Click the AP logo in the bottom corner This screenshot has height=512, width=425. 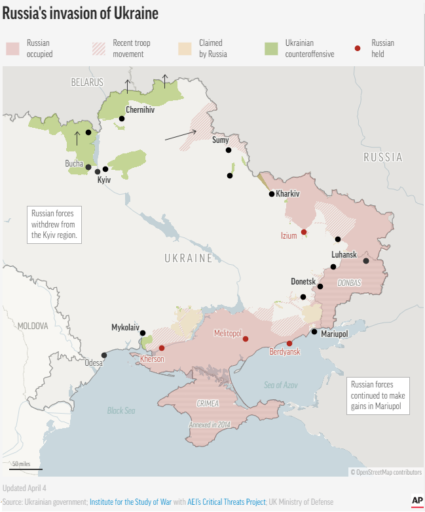click(x=417, y=500)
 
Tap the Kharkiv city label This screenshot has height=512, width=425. click(x=287, y=194)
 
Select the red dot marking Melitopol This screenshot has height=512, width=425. click(x=246, y=339)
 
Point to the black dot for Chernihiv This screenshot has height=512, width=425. click(x=122, y=119)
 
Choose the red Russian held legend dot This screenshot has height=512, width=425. click(x=358, y=49)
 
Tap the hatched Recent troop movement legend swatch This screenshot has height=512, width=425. click(x=98, y=49)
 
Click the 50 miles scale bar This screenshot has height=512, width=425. click(x=26, y=468)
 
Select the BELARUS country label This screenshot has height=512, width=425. click(x=87, y=83)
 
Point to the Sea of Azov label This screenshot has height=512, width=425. click(x=281, y=385)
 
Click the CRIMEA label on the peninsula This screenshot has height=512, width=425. click(x=208, y=403)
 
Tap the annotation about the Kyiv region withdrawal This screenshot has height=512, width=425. click(x=54, y=224)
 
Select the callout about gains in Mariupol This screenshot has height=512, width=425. click(x=378, y=396)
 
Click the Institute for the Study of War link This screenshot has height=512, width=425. click(x=130, y=502)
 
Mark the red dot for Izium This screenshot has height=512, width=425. click(x=304, y=231)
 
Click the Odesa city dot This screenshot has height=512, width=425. click(x=104, y=355)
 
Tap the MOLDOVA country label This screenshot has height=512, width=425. click(x=33, y=326)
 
